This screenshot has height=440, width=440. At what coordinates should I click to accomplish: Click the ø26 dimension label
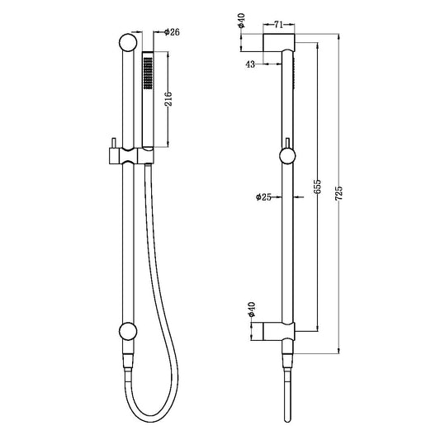[173, 32]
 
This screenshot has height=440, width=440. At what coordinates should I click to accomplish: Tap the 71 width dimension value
[278, 26]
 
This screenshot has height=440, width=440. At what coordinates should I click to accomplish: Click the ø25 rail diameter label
[263, 198]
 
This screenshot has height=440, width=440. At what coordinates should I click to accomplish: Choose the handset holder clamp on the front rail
[135, 154]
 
